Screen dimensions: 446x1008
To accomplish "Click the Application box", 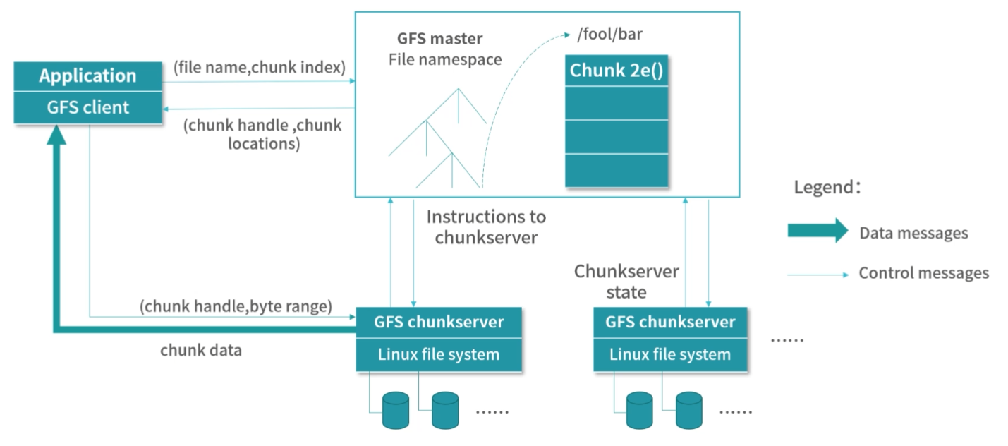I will click(88, 76).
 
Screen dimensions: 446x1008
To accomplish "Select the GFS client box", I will click(88, 107).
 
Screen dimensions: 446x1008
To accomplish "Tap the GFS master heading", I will click(439, 39).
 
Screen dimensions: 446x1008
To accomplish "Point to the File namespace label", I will click(445, 59).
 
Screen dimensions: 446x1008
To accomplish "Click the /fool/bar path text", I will click(609, 34).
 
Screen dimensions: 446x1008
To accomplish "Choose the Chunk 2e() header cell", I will click(617, 71).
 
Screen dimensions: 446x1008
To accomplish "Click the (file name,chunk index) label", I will click(259, 68).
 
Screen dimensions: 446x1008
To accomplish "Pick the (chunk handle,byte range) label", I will click(236, 306).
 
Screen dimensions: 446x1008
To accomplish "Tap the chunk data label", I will click(201, 350).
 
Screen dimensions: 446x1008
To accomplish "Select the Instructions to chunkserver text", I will click(486, 227).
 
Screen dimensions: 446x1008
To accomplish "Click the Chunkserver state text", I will click(626, 281).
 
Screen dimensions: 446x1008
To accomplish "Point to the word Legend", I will click(823, 188).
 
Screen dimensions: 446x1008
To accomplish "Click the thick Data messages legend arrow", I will click(818, 231).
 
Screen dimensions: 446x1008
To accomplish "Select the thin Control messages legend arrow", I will click(818, 275).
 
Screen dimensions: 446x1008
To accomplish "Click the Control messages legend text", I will click(923, 273).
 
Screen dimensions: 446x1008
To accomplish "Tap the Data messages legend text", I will click(913, 233).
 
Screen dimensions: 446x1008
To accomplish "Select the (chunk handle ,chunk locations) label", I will click(262, 135).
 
